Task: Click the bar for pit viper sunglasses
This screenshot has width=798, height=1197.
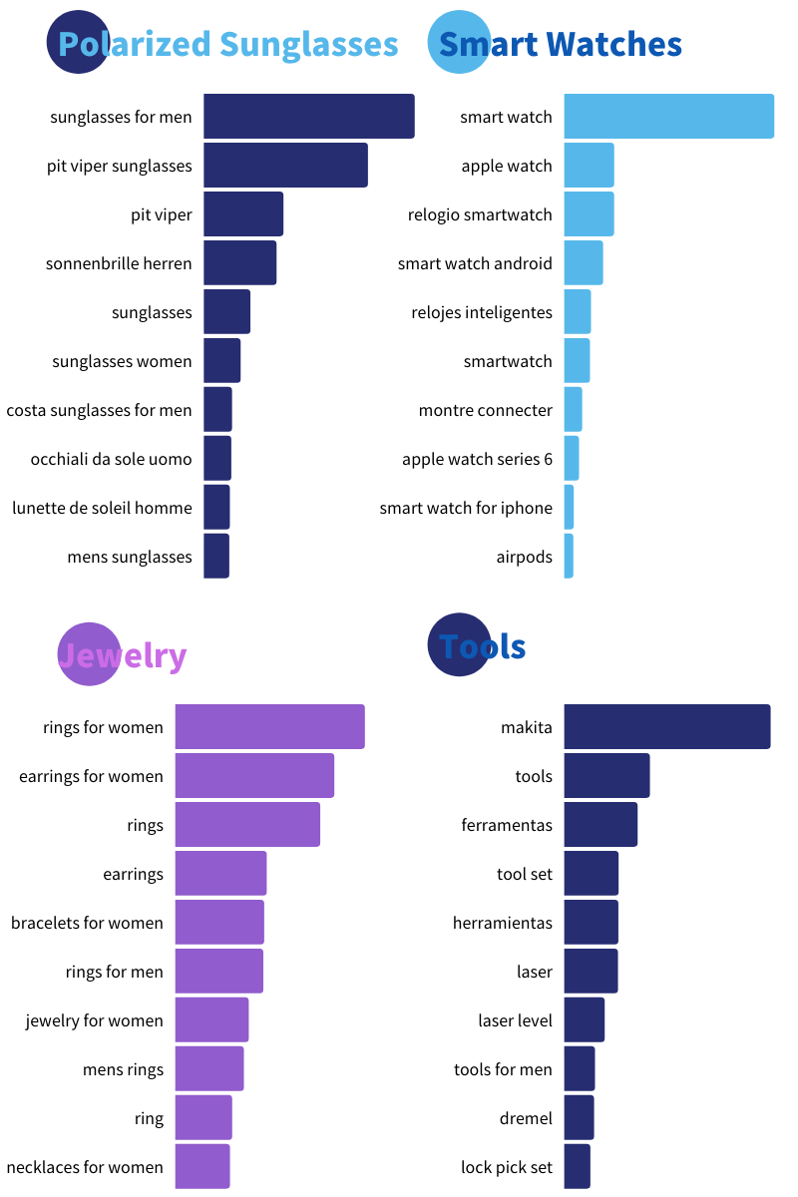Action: click(x=285, y=166)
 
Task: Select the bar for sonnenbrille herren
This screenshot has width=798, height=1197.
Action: click(x=239, y=263)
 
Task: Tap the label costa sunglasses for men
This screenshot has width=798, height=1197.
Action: click(x=99, y=410)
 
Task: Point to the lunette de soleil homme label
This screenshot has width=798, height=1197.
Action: click(x=102, y=508)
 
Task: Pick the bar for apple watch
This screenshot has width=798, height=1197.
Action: click(x=589, y=166)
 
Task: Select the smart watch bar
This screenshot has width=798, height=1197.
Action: click(x=668, y=117)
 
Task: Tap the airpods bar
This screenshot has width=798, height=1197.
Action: click(x=569, y=557)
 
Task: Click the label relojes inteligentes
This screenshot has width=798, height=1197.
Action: click(x=481, y=312)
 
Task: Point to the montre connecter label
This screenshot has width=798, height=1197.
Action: click(x=485, y=410)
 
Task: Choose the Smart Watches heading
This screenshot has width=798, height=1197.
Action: click(x=560, y=44)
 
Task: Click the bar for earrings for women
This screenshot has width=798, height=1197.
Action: click(x=254, y=776)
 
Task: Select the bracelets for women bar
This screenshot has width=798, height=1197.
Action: click(x=219, y=923)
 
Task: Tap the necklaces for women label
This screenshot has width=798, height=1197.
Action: click(x=85, y=1167)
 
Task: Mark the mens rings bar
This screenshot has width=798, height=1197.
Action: click(x=209, y=1069)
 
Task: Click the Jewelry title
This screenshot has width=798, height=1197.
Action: click(x=123, y=655)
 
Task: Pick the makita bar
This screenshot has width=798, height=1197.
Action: click(x=667, y=727)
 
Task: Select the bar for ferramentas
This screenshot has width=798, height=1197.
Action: click(x=600, y=825)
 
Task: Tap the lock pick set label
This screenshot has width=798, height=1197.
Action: click(x=507, y=1167)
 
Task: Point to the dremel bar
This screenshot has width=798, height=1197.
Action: click(x=579, y=1118)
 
